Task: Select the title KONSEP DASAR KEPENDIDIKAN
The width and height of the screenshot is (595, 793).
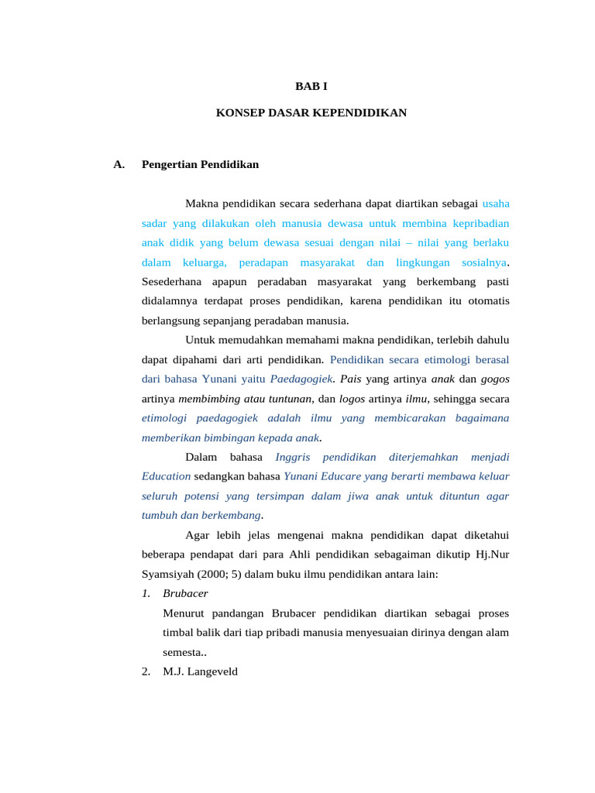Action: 311,112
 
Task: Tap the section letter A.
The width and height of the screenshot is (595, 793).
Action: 119,164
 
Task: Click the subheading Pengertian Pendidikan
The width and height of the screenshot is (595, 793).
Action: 200,164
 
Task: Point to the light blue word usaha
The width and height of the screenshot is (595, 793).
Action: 496,204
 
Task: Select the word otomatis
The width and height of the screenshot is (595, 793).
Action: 486,300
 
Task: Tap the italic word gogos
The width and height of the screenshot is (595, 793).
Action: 495,379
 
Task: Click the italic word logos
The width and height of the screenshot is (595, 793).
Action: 353,399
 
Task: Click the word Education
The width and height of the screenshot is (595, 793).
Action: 166,476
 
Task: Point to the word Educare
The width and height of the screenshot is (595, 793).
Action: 332,476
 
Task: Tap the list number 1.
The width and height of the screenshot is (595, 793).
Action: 146,593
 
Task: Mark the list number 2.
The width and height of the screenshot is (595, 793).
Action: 146,671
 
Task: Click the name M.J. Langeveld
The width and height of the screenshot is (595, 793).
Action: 201,671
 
